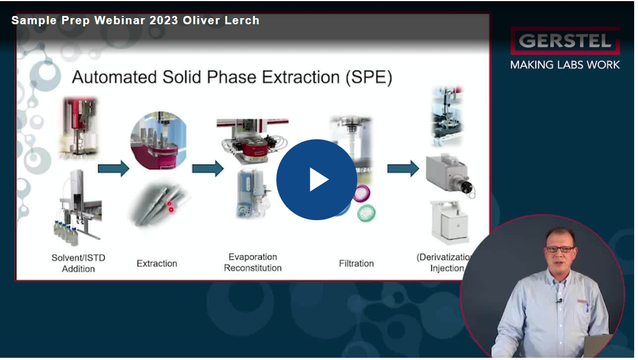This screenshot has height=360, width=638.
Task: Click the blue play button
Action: click(317, 179)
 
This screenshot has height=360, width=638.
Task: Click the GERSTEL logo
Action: click(564, 41)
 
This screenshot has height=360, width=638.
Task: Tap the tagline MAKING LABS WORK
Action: click(564, 65)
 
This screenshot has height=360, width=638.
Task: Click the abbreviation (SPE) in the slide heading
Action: click(369, 77)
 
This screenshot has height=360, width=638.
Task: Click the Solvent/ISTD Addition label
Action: click(78, 263)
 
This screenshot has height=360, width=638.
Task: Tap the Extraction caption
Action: click(157, 264)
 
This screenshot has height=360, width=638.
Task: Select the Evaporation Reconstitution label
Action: click(253, 263)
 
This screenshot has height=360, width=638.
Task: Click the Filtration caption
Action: click(356, 264)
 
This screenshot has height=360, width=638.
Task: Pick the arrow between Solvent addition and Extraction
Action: click(113, 168)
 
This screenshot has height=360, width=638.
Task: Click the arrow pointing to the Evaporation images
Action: click(207, 168)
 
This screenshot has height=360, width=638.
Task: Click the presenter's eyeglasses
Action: click(559, 249)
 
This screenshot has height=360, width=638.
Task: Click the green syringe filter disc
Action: click(366, 212)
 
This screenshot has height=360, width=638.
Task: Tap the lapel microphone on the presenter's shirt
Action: click(560, 301)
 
